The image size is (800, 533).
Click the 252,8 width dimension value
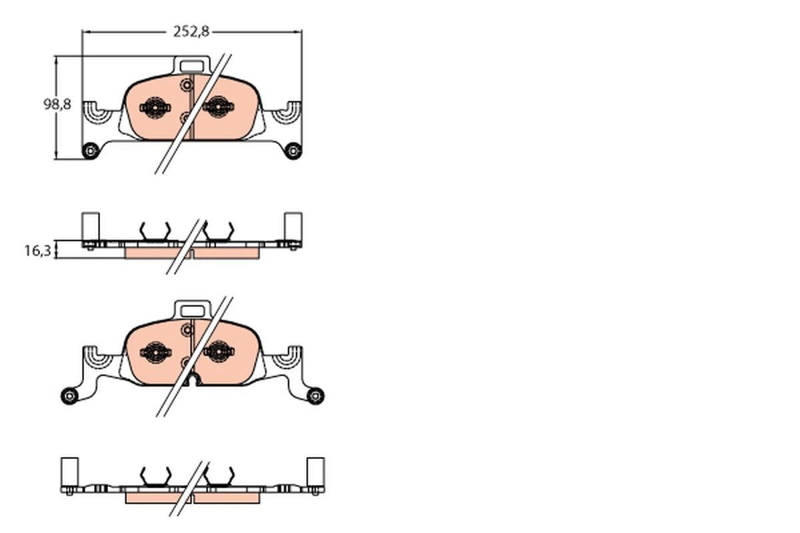pos(191,31)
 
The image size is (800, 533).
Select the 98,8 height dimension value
pos(57,105)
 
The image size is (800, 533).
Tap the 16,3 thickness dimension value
pos(37,251)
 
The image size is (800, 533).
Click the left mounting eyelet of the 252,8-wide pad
pos(89,151)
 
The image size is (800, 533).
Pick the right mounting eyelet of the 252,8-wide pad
pos(293,151)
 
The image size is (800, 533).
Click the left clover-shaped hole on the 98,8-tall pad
pos(155,107)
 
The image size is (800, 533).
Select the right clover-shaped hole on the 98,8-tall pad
pos(217,107)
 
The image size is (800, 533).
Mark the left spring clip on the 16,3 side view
pos(155,231)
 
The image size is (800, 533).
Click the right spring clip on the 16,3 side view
pos(218,231)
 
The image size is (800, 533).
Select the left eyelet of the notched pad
pos(69,396)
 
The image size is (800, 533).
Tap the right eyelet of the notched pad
pos(315,395)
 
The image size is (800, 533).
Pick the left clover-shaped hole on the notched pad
pos(155,352)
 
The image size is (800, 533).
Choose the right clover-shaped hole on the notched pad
pos(218,352)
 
